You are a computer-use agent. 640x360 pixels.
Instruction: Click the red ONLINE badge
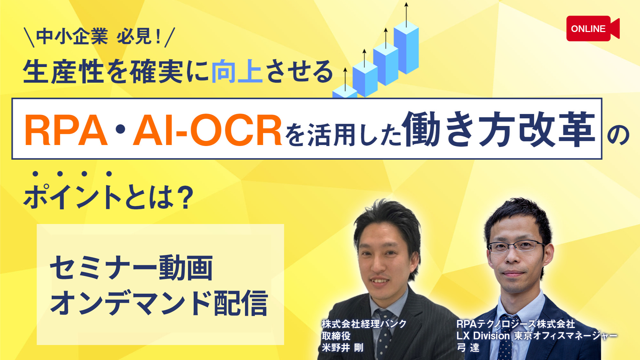click(x=593, y=29)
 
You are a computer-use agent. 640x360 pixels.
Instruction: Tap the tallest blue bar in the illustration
click(x=406, y=47)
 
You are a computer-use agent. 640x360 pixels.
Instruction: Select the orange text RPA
click(x=66, y=130)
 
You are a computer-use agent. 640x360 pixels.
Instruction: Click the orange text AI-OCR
click(x=207, y=130)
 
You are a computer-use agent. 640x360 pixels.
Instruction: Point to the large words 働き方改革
click(x=499, y=129)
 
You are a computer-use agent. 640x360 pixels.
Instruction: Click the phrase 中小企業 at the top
click(x=72, y=36)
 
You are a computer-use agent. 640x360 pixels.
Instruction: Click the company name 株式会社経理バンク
click(x=364, y=324)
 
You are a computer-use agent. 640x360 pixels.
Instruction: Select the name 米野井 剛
click(x=342, y=348)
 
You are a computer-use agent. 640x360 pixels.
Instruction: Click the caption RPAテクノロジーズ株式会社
click(x=516, y=324)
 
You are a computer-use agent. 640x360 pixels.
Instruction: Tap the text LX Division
click(x=483, y=335)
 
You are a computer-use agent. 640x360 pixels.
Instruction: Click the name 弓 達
click(x=468, y=348)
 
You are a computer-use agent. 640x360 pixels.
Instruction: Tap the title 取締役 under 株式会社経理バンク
click(x=336, y=336)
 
